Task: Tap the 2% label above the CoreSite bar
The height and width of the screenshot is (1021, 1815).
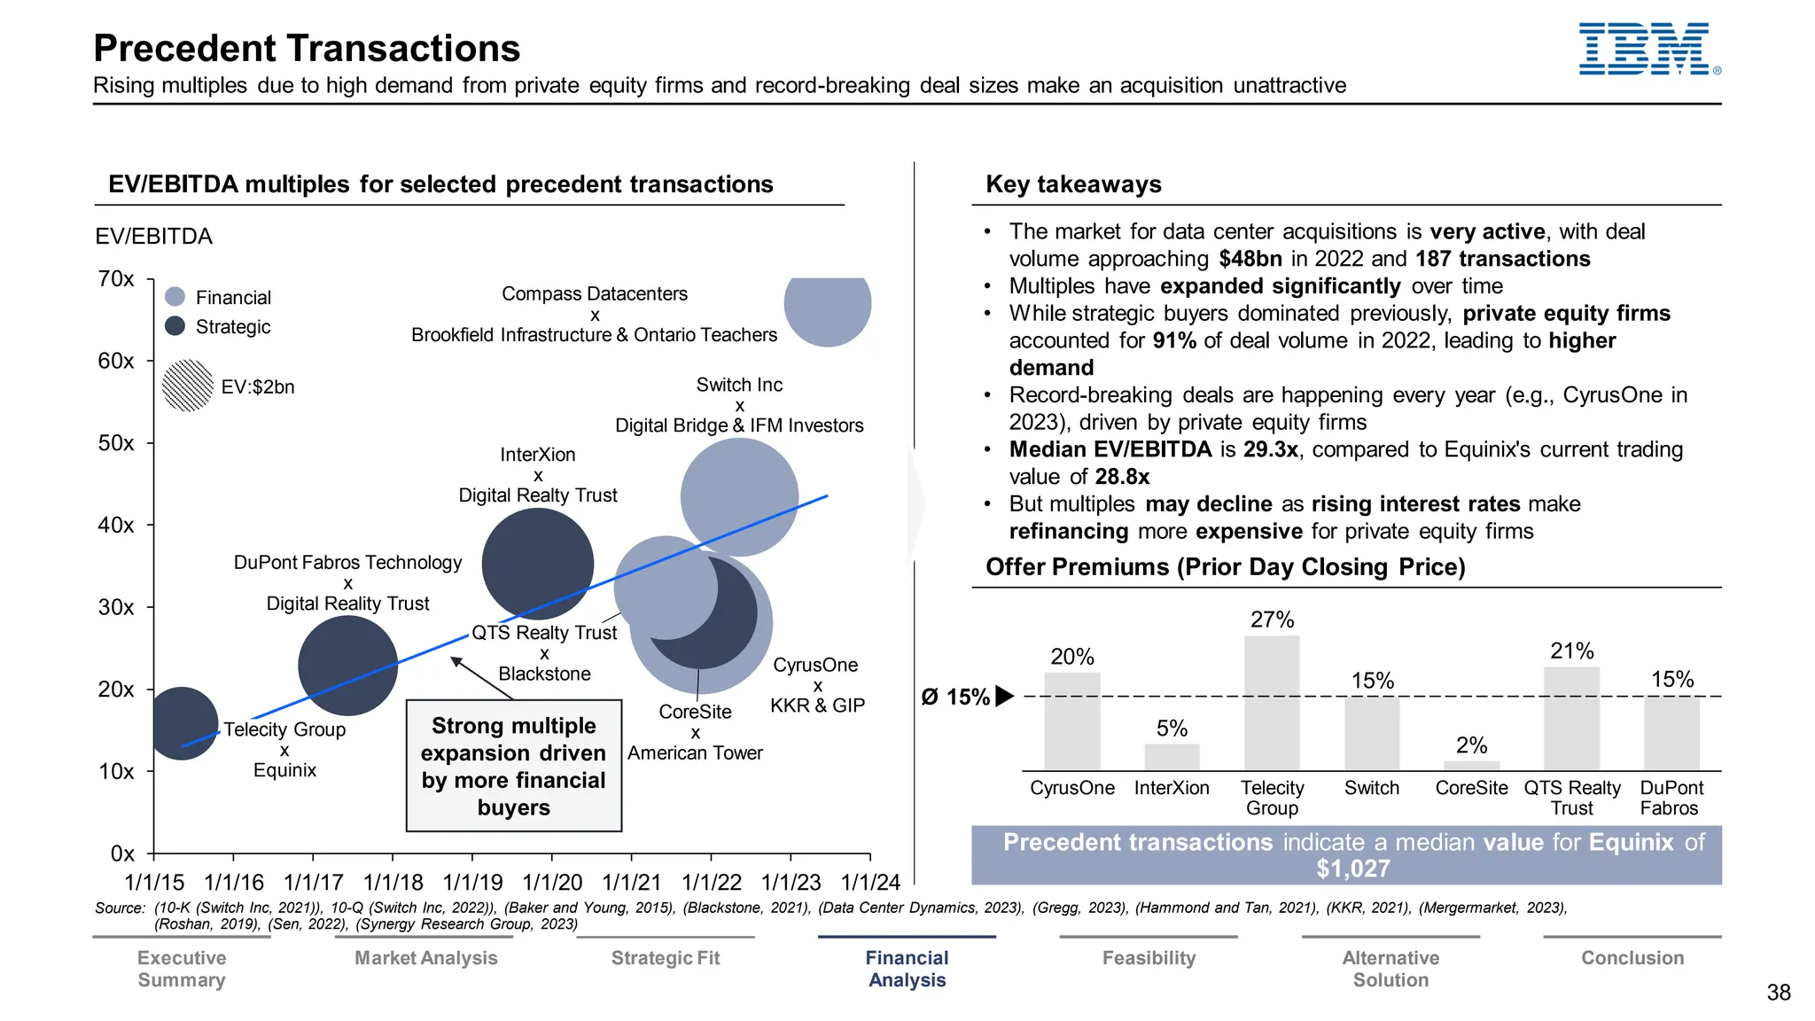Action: click(x=1471, y=745)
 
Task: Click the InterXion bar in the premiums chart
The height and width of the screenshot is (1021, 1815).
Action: click(x=1172, y=757)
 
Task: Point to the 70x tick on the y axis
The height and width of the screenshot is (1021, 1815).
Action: click(x=116, y=279)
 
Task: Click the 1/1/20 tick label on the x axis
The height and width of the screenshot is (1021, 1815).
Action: click(x=552, y=883)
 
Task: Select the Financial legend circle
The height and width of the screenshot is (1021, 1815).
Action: click(x=175, y=297)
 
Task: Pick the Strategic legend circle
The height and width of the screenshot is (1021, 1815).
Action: click(x=175, y=326)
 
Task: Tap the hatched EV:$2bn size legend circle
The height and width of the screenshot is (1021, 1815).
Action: click(x=188, y=386)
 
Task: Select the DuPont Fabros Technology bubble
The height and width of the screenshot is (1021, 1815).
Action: click(x=347, y=666)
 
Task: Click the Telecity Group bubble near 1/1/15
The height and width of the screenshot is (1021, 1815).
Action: click(x=182, y=722)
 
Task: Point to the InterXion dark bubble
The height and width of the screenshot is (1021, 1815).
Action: click(x=537, y=564)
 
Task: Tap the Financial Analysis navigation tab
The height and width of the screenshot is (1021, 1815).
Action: click(x=907, y=969)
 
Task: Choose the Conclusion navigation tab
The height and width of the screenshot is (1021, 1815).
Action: click(x=1632, y=958)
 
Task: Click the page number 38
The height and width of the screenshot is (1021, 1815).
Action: click(x=1778, y=993)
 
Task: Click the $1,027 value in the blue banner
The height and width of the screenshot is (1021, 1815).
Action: click(x=1352, y=869)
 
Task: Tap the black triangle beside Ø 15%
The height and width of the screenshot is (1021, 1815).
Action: click(x=1004, y=697)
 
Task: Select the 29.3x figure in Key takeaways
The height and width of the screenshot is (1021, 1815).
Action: click(x=1270, y=449)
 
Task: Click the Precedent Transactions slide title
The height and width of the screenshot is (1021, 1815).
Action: click(x=307, y=49)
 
